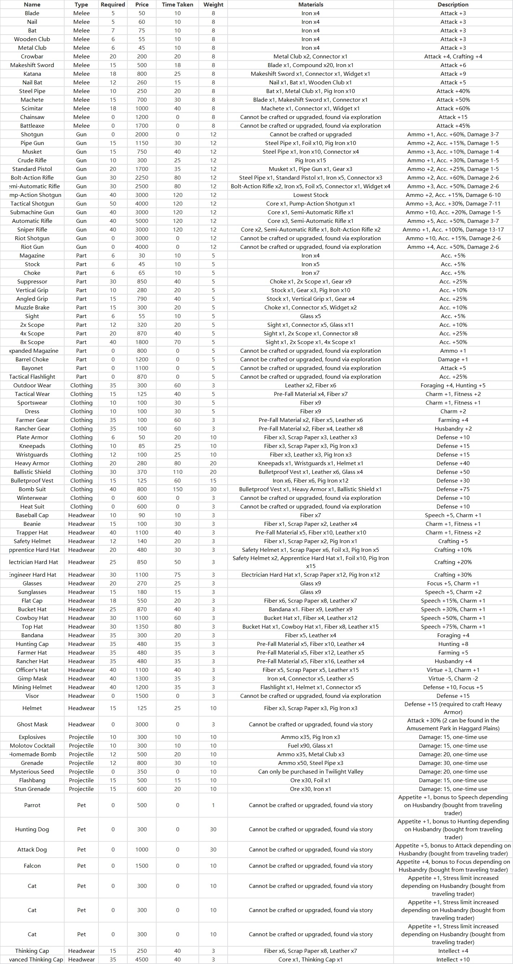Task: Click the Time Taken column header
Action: [177, 4]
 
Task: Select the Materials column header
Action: [310, 4]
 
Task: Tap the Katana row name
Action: [32, 74]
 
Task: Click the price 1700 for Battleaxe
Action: [142, 126]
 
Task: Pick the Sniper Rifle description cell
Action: [453, 229]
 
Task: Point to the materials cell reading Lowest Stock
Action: [310, 195]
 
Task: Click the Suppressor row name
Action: [32, 281]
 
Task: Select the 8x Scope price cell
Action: [142, 342]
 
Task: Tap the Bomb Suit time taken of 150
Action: [177, 489]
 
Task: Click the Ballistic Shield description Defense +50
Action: [453, 472]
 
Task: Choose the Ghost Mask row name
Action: [32, 724]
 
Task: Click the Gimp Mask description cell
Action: [453, 678]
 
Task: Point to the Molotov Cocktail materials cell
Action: [310, 745]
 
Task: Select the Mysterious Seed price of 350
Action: [142, 772]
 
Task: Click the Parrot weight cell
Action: [213, 805]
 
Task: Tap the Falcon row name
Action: [32, 866]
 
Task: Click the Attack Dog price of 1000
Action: [142, 849]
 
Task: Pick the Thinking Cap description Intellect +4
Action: [453, 951]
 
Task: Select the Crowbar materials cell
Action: [310, 57]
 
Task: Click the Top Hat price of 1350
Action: [142, 626]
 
